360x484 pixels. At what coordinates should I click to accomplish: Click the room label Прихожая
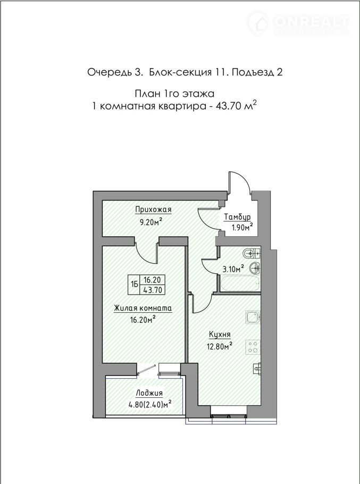coord(153,210)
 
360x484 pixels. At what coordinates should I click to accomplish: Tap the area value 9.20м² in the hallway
coord(151,222)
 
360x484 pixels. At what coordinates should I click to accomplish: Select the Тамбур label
coord(237,217)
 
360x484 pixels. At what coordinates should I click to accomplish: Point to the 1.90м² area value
coord(242,228)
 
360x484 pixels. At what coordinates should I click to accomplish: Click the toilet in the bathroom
coord(252,254)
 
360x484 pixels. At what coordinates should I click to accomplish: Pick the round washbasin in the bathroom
coord(255,268)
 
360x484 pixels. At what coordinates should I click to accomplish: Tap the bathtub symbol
coord(240,283)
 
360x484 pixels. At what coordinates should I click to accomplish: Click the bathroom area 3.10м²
coord(233,269)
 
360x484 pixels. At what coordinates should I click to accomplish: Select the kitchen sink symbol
coord(253,317)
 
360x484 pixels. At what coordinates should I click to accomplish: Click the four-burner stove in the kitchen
coord(253,347)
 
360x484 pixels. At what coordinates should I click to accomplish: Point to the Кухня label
coord(220,335)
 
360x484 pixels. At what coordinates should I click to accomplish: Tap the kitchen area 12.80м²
coord(220,346)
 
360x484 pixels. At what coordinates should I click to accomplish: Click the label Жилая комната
coord(143,308)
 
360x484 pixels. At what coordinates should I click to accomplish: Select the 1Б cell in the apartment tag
coord(135,285)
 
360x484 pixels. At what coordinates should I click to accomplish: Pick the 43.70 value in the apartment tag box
coord(153,289)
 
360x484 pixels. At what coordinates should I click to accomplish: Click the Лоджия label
coord(149,393)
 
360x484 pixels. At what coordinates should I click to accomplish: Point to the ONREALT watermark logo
coord(298,22)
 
